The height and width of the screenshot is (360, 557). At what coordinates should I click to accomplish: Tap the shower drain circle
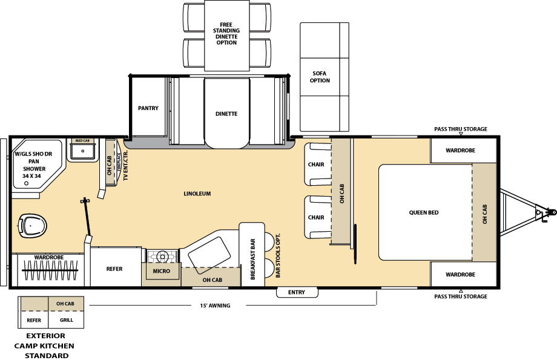pos(26,183)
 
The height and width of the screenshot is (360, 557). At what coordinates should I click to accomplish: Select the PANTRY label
pos(148,108)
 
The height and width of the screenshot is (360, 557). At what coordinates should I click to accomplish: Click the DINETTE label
pos(226,114)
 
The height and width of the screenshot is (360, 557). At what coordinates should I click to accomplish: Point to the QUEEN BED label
pos(424,212)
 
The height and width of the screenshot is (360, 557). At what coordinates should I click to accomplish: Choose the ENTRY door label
pos(297,292)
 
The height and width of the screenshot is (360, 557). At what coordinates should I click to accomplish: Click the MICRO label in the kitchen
pos(161,271)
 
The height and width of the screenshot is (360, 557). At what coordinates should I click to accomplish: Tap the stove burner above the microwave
pos(162,257)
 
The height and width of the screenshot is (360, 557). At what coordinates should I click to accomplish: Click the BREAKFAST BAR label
pos(253,259)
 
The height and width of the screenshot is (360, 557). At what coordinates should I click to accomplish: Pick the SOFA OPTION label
pos(320,77)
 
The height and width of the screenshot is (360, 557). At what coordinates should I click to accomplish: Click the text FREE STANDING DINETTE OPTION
pos(226,33)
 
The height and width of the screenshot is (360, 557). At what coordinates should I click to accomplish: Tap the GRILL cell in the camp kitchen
pos(67,320)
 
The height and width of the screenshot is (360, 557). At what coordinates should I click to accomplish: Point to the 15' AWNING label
pos(215,306)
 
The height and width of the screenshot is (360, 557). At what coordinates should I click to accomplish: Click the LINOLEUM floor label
pos(197,194)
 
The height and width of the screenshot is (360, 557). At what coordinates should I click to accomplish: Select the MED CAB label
pos(82,141)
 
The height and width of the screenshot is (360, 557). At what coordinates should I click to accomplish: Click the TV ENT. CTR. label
pos(125,165)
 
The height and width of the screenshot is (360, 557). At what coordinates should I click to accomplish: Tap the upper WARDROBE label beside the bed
pos(460,150)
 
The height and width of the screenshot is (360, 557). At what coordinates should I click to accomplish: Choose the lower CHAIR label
pos(316,217)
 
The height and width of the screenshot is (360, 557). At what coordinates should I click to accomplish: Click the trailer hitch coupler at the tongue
pos(550,212)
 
